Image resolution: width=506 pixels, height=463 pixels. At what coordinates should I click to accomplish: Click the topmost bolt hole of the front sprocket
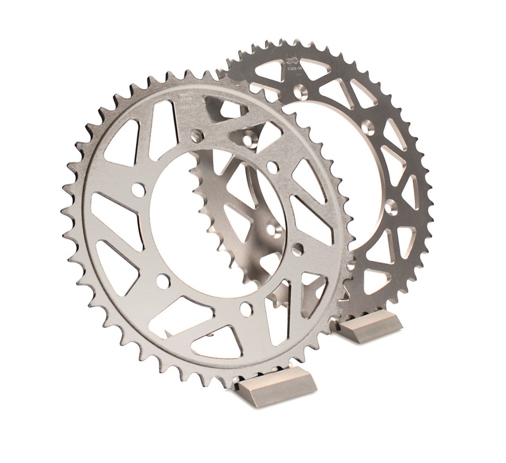(197, 134)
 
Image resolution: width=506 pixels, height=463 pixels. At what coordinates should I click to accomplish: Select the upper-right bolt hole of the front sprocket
(272, 166)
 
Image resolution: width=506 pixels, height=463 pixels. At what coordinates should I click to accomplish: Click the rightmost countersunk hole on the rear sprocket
(392, 206)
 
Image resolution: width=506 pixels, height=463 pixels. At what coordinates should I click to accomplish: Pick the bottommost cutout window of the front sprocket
(215, 342)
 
